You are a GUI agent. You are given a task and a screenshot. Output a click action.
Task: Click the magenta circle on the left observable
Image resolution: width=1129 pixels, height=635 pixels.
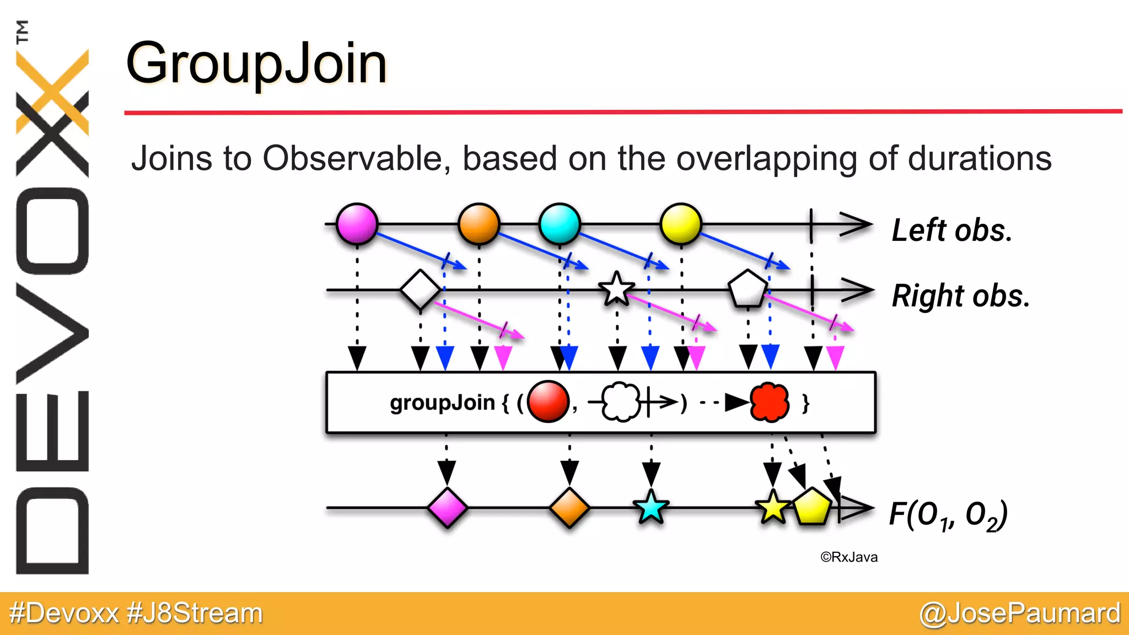(x=357, y=224)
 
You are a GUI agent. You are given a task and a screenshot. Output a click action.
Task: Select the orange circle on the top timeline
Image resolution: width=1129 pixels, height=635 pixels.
(x=479, y=224)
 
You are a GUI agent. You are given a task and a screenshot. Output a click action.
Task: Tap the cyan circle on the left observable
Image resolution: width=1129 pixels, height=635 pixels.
(x=560, y=224)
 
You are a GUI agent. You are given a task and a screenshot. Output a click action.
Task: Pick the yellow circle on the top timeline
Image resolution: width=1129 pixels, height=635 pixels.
(x=681, y=224)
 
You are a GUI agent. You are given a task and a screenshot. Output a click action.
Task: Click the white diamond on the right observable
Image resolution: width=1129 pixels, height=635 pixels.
(x=420, y=289)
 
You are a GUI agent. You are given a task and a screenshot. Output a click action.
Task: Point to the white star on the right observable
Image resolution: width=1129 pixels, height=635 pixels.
(x=616, y=289)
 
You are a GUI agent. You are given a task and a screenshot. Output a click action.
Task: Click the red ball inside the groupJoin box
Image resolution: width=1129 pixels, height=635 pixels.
(x=547, y=402)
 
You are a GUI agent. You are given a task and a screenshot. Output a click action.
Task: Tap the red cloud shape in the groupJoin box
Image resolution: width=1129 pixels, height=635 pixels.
(x=770, y=402)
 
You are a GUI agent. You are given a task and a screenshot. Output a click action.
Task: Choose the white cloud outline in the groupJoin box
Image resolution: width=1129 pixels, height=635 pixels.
(x=621, y=402)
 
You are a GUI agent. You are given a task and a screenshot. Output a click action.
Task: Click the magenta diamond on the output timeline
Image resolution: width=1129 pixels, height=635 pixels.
(x=447, y=508)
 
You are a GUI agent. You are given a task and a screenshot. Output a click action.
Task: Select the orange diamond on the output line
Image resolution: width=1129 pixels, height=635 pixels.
(x=569, y=508)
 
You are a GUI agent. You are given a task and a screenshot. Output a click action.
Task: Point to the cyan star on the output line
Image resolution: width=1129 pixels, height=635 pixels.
(x=651, y=508)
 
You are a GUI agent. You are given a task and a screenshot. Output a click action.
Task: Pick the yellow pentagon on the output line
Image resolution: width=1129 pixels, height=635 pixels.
(x=812, y=507)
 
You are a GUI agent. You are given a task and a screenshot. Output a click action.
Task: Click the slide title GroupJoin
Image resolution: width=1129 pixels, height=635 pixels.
(x=256, y=64)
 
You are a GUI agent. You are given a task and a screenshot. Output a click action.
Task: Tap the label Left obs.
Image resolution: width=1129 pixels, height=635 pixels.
(x=952, y=230)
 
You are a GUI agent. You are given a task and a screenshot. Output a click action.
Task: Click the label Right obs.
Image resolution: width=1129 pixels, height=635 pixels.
(x=960, y=296)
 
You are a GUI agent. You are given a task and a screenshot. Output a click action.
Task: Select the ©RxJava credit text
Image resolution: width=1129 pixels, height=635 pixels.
(x=848, y=557)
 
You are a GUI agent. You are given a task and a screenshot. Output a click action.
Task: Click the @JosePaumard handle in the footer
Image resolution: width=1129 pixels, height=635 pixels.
(x=1020, y=614)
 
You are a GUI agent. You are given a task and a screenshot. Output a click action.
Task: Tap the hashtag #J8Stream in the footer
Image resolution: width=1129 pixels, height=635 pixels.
(x=195, y=614)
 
